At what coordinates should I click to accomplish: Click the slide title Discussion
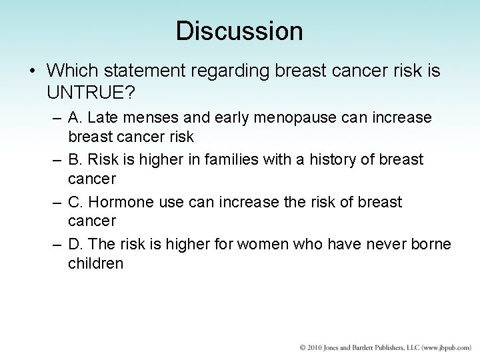point(239,30)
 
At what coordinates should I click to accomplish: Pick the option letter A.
point(75,118)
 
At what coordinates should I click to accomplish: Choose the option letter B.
point(75,160)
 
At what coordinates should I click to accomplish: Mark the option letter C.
point(75,202)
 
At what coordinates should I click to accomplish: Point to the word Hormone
point(119,202)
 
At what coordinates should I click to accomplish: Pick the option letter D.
point(75,244)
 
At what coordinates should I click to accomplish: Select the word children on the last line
point(95,263)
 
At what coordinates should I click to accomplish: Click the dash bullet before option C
point(57,202)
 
